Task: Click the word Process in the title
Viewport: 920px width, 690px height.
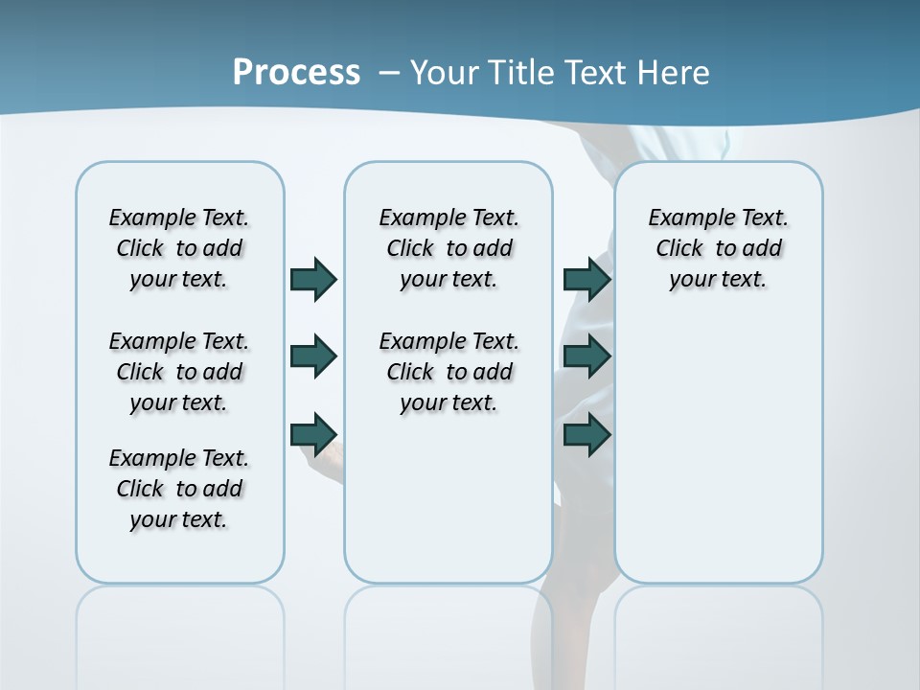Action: coord(296,72)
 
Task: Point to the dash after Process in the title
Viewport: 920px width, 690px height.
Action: coord(388,73)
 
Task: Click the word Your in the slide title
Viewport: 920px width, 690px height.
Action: coord(446,73)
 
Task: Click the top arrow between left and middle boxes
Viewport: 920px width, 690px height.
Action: coord(313,279)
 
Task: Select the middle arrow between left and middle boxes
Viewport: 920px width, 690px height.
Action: coord(313,356)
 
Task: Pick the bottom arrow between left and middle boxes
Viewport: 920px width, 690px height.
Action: coord(313,433)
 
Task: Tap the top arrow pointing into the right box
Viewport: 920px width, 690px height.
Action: coord(587,279)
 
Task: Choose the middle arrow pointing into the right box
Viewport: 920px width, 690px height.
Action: coord(587,356)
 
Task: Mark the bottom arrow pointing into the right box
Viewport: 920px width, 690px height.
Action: coord(587,434)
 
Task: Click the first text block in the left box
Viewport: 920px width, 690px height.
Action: coord(179,248)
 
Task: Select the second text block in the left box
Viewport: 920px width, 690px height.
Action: coord(179,372)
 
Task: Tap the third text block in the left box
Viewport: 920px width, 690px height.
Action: coord(179,489)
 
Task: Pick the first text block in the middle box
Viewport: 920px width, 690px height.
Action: coord(448,248)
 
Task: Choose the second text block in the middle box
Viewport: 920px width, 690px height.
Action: coord(448,372)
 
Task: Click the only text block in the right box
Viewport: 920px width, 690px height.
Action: coord(718,248)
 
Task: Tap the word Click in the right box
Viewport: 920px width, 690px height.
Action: coord(679,249)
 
